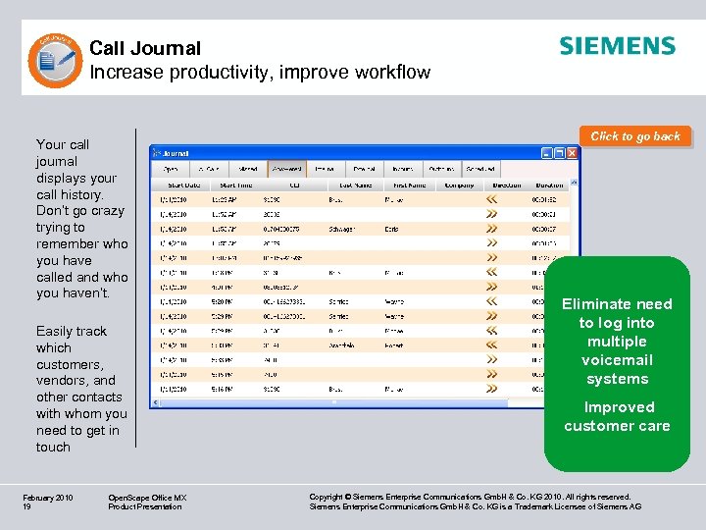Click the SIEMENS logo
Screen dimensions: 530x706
617,46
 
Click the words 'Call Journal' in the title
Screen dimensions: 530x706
145,48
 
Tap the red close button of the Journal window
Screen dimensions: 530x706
572,153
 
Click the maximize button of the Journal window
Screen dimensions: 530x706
560,153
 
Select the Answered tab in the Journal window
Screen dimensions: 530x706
286,169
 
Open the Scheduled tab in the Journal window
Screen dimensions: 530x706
480,169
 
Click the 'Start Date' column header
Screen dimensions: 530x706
184,185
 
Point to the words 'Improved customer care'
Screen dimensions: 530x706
617,416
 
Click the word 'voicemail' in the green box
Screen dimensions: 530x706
617,360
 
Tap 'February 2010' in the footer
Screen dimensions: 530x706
48,498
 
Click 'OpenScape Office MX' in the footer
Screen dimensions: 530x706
147,498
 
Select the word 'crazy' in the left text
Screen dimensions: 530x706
107,211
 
